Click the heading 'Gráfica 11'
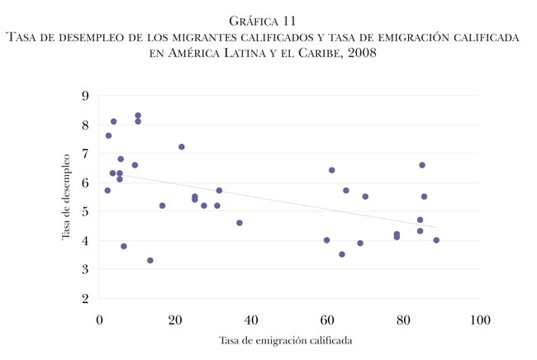coord(268,19)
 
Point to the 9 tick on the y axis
coord(85,96)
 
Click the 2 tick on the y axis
coord(85,298)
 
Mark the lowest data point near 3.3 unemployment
coord(150,260)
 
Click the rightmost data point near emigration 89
coord(436,240)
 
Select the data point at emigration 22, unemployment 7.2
coord(182,147)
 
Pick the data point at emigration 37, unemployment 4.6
coord(240,223)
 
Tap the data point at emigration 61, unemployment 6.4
coord(331,170)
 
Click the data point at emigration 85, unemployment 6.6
coord(422,165)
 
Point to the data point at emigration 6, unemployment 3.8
coord(124,246)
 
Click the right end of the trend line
coord(436,227)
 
